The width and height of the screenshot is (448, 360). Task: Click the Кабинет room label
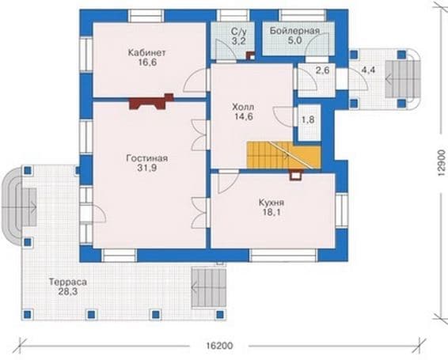click(147, 53)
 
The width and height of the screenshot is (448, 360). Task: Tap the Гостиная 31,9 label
click(147, 163)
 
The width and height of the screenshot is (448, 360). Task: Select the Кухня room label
click(271, 203)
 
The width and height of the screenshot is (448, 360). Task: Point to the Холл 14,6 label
click(243, 112)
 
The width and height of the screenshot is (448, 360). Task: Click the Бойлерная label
click(294, 31)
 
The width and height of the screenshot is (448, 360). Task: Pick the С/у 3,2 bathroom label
click(239, 36)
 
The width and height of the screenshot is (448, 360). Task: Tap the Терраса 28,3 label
click(68, 286)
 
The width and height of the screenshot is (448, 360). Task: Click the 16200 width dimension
click(219, 346)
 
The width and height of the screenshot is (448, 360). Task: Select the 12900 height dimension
click(442, 164)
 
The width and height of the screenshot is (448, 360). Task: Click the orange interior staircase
click(284, 155)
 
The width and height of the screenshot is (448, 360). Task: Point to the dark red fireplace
click(151, 102)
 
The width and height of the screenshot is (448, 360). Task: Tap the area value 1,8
click(308, 119)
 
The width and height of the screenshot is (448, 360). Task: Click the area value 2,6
click(323, 70)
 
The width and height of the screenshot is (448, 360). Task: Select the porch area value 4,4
click(368, 70)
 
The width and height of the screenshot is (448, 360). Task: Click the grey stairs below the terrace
click(209, 288)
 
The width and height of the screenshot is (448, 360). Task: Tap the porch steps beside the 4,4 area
click(403, 79)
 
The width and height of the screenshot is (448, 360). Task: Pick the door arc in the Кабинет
click(194, 81)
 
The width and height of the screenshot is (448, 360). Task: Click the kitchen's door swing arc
click(228, 183)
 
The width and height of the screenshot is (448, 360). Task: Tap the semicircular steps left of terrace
click(11, 207)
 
